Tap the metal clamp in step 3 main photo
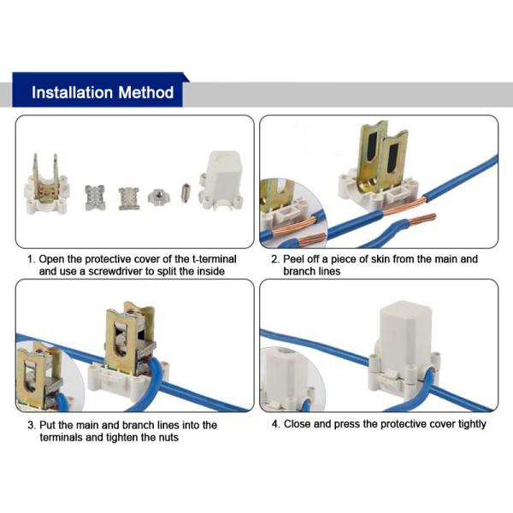[126, 338]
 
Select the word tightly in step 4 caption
[467, 424]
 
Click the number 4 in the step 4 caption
[274, 424]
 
